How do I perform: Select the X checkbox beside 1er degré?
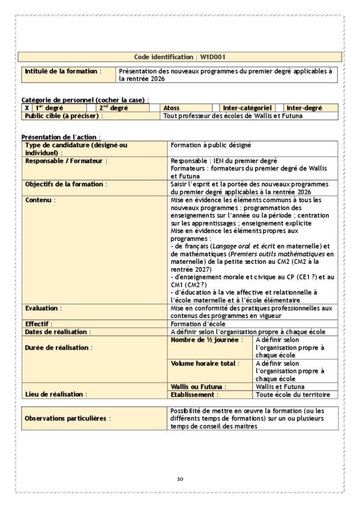(x=27, y=108)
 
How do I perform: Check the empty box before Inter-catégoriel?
(x=215, y=108)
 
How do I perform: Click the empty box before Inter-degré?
(x=279, y=108)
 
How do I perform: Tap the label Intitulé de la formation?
(x=61, y=71)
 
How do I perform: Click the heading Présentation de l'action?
(x=61, y=137)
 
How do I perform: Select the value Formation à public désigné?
(x=211, y=145)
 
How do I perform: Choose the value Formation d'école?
(x=198, y=324)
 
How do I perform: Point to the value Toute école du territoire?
(x=292, y=395)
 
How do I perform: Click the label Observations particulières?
(x=67, y=419)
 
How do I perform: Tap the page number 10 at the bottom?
(x=180, y=479)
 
